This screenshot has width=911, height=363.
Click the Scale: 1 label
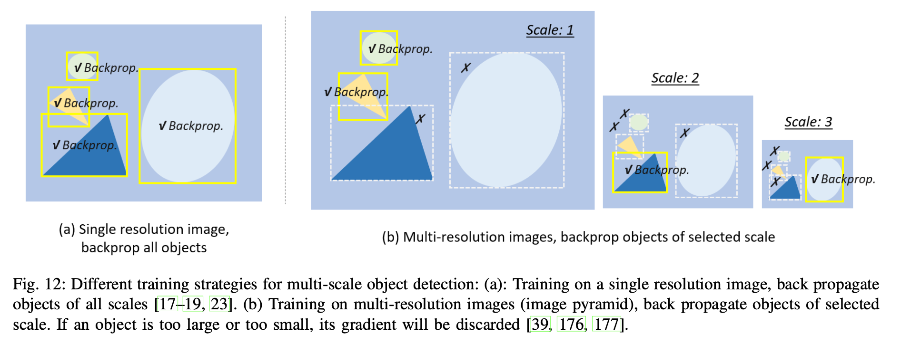point(550,30)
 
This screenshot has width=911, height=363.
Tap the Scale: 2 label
point(675,78)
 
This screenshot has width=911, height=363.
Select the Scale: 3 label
point(808,122)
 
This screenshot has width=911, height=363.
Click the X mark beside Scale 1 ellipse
point(465,68)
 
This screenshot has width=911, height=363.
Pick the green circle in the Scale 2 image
point(639,122)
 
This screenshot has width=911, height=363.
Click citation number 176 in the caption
point(571,325)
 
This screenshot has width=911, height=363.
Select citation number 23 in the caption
point(219,304)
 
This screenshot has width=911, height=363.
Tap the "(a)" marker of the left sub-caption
point(67,230)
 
